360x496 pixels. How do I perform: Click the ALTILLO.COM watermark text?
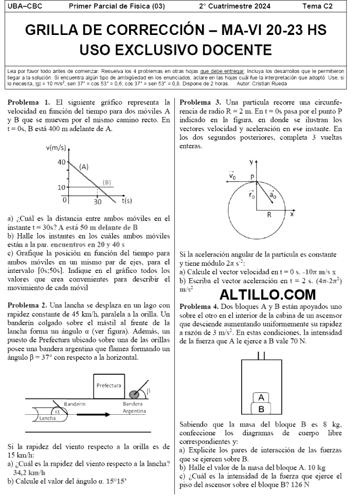pyautogui.click(x=267, y=295)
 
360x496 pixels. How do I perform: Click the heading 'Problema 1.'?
pyautogui.click(x=29, y=102)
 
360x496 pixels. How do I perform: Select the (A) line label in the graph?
pyautogui.click(x=84, y=167)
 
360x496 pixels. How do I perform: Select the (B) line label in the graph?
pyautogui.click(x=106, y=182)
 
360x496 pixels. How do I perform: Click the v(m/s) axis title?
pyautogui.click(x=57, y=148)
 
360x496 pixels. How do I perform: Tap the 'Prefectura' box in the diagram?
pyautogui.click(x=109, y=385)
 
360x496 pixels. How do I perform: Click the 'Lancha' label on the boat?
pyautogui.click(x=47, y=418)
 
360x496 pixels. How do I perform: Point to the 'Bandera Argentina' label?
pyautogui.click(x=134, y=407)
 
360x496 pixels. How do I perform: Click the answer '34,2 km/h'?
pyautogui.click(x=29, y=472)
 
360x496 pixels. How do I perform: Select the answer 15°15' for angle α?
pyautogui.click(x=117, y=482)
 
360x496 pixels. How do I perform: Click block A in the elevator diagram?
pyautogui.click(x=261, y=397)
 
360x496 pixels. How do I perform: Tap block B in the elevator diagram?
pyautogui.click(x=261, y=409)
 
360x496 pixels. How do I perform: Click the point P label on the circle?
pyautogui.click(x=253, y=176)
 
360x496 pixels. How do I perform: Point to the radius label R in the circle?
pyautogui.click(x=269, y=215)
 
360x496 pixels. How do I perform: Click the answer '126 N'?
pyautogui.click(x=300, y=484)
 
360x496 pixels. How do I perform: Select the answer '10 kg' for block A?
pyautogui.click(x=316, y=468)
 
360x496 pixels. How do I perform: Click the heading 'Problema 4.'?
pyautogui.click(x=201, y=306)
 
